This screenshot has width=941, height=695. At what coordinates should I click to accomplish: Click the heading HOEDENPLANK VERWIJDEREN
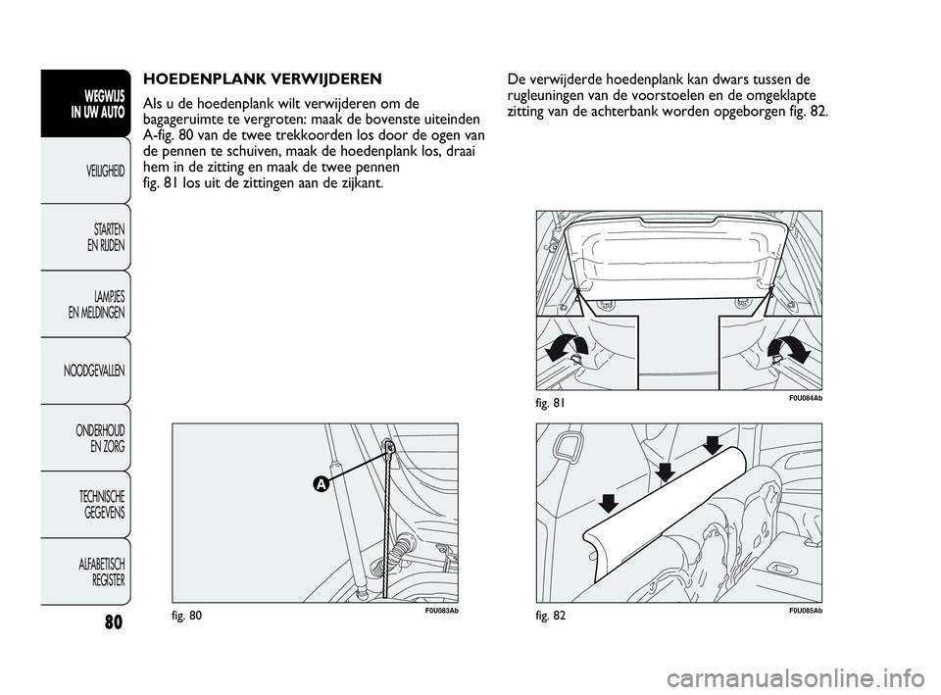coord(262,77)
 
